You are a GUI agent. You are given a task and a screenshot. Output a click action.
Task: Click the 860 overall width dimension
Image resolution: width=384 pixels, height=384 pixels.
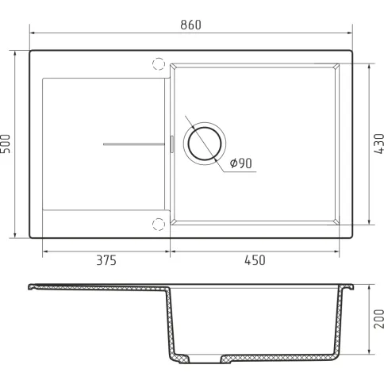(x=190, y=25)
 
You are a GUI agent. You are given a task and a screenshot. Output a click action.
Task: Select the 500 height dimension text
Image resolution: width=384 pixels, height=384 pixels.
(x=6, y=144)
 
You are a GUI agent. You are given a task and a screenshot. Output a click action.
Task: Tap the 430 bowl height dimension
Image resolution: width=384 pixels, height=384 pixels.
(x=379, y=144)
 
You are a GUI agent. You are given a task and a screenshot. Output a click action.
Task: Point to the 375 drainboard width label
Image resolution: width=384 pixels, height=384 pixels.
(x=106, y=260)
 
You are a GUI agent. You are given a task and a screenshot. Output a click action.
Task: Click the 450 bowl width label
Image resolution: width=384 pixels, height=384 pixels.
(x=255, y=260)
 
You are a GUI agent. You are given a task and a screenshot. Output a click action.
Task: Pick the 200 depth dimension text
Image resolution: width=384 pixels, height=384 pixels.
(x=379, y=319)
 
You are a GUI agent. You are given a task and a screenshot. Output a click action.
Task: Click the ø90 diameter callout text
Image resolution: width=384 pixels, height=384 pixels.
(x=240, y=163)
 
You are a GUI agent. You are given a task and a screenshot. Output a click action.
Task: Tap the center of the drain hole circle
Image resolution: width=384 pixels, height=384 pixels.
(x=205, y=144)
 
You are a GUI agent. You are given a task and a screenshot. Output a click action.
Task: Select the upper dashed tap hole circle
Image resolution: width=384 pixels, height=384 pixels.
(x=159, y=64)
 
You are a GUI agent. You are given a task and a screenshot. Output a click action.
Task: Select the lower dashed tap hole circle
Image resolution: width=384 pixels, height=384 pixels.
(x=159, y=225)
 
